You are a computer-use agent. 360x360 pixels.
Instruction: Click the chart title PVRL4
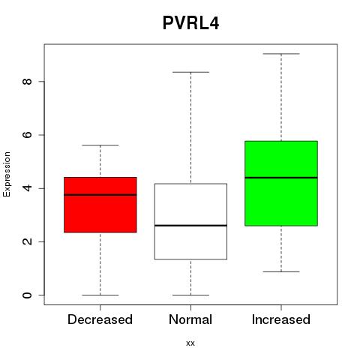pos(190,23)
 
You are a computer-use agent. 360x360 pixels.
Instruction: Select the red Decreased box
pos(100,205)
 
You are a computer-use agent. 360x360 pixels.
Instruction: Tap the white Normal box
pos(190,221)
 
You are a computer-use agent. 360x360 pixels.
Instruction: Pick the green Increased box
pos(281,183)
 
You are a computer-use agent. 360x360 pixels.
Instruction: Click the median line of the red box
pos(100,195)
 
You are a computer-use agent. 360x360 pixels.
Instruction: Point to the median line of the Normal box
pos(190,226)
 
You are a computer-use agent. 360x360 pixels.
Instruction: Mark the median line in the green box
pos(281,178)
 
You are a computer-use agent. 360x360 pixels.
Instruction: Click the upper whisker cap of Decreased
pos(100,145)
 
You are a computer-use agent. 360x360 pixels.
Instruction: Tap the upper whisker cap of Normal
pos(190,72)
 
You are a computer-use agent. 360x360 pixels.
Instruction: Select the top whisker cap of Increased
pos(281,54)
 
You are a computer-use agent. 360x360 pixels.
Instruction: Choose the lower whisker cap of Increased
pos(281,271)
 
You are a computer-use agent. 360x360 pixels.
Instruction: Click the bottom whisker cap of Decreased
pos(100,295)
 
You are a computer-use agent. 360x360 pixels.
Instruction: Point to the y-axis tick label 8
pos(27,82)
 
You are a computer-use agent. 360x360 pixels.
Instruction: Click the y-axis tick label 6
pos(27,135)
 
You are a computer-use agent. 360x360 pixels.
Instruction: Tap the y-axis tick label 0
pos(27,295)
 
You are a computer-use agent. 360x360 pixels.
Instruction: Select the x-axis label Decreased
pos(100,319)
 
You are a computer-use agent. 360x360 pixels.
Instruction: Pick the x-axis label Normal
pos(190,319)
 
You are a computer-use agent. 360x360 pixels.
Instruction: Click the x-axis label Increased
pos(281,319)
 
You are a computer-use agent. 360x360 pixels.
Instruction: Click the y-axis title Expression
pos(7,174)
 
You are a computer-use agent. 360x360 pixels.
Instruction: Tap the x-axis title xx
pos(190,343)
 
